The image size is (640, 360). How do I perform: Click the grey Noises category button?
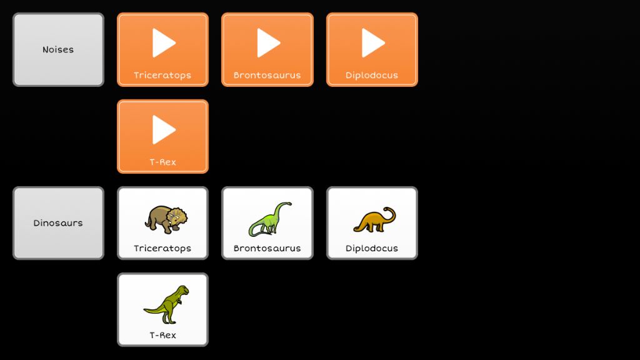click(x=58, y=49)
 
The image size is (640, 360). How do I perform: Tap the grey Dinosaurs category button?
click(x=58, y=223)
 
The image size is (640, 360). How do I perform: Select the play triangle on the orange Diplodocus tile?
click(x=373, y=43)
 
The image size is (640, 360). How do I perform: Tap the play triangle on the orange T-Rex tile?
click(x=164, y=129)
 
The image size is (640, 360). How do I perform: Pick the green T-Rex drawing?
click(x=167, y=304)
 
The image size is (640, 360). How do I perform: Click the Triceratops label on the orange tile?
click(x=162, y=76)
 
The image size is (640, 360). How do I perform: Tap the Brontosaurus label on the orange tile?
click(x=267, y=76)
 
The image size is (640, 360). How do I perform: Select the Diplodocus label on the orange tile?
click(x=372, y=76)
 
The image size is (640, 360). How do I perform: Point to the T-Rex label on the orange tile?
click(x=162, y=162)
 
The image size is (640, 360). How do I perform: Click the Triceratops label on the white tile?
click(x=162, y=249)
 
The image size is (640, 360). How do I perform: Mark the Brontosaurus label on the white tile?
click(x=267, y=249)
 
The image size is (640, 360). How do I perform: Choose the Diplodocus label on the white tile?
click(x=372, y=249)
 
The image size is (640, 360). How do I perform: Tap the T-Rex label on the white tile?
click(x=162, y=336)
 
